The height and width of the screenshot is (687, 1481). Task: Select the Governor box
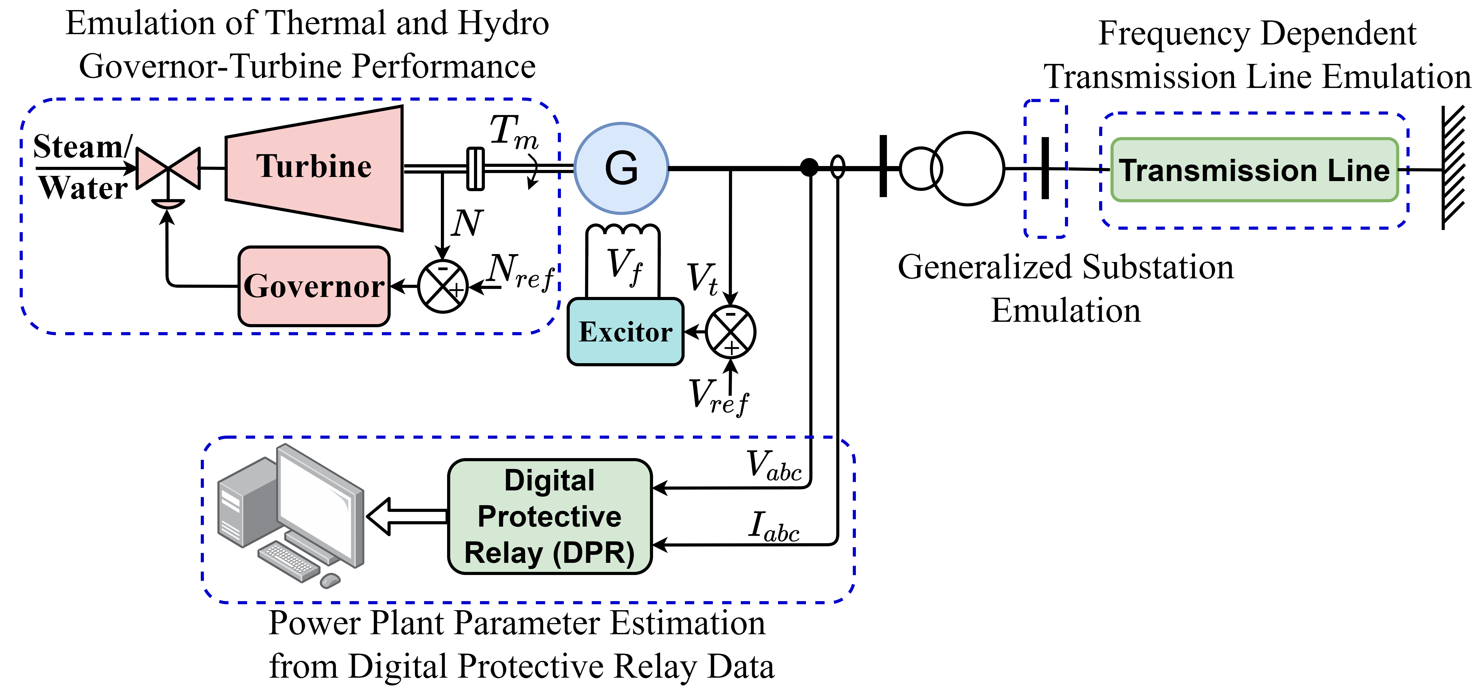click(314, 286)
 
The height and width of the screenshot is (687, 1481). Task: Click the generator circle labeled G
click(621, 168)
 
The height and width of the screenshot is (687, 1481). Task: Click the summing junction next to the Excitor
click(730, 332)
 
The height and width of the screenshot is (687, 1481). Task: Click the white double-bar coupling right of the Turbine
click(476, 168)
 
